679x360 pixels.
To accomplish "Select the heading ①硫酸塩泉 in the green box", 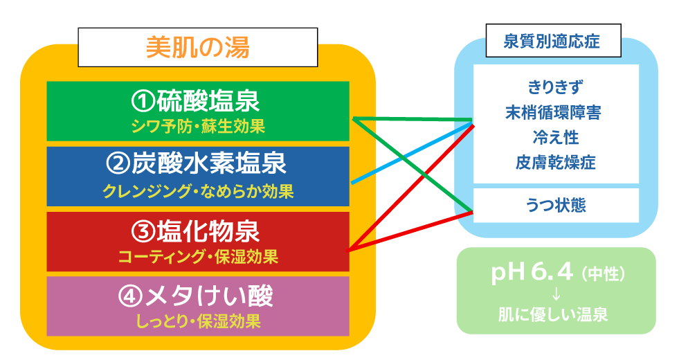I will [x=197, y=102].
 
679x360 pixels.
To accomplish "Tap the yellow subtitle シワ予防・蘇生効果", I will [x=197, y=127].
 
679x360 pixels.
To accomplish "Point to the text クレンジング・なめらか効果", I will [x=197, y=191].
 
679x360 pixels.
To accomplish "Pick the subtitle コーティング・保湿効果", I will [x=197, y=257].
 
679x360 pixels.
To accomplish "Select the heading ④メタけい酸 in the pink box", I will [x=197, y=296].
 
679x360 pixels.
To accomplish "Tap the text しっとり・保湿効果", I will [x=197, y=321].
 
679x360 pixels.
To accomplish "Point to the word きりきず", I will [x=555, y=87].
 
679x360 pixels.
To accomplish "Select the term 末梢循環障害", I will [x=555, y=112].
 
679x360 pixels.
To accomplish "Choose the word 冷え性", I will [x=555, y=137].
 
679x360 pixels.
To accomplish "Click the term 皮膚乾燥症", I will [x=555, y=162].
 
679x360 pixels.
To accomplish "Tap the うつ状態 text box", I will [x=555, y=206].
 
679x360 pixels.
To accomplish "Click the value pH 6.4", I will [x=532, y=273].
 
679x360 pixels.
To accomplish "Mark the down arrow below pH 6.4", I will [x=555, y=294].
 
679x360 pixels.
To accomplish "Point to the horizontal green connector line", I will [x=415, y=120].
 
